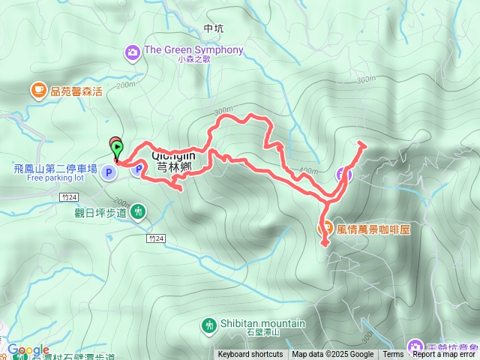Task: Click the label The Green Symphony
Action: (x=193, y=50)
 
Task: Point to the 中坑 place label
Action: (x=214, y=28)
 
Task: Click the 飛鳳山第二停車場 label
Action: (x=55, y=169)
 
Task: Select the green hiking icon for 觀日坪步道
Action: (x=139, y=212)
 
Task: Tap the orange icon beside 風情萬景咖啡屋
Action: (x=325, y=227)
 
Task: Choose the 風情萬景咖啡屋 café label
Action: (x=373, y=227)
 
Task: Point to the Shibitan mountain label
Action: (x=262, y=324)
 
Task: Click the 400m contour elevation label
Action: (x=308, y=171)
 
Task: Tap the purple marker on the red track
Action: (x=343, y=175)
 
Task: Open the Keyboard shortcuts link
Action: (x=250, y=355)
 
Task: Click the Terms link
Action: (x=393, y=355)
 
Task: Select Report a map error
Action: (x=444, y=355)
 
